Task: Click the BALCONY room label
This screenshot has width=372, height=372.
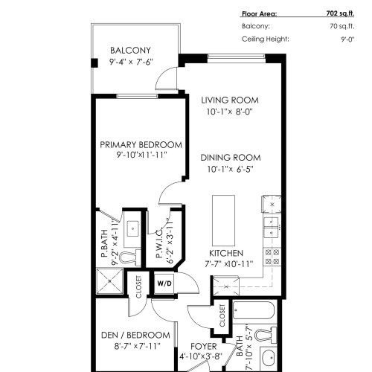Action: pos(131,51)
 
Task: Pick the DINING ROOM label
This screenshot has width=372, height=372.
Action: pos(230,157)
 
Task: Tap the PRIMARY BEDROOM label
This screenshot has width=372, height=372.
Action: pos(141,144)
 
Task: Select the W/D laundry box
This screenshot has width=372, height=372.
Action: pos(164,283)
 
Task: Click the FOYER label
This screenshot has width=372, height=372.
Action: pos(203,347)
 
